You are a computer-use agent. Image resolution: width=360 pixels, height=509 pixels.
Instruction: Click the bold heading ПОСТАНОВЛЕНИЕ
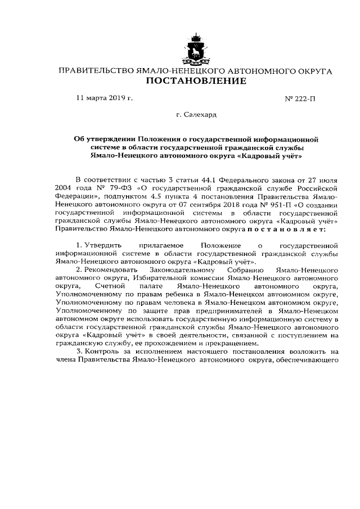(196, 82)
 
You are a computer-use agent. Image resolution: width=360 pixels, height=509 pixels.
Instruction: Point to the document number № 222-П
(300, 98)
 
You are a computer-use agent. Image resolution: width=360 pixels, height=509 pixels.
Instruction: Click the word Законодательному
(196, 271)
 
